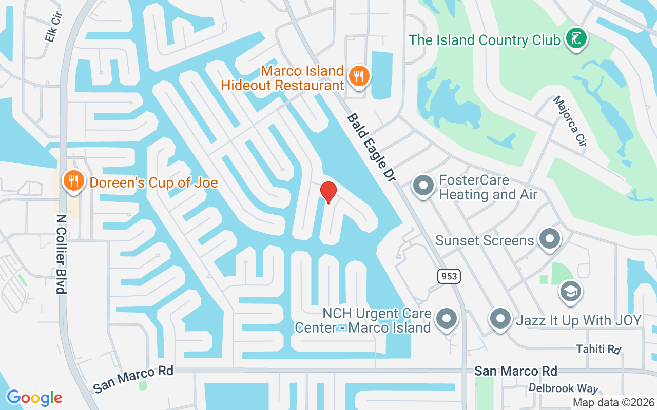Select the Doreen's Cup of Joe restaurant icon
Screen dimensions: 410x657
point(74,181)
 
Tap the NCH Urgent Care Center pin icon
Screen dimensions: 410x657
point(446,319)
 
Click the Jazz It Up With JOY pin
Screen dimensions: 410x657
point(500,319)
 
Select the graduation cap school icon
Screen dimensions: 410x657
point(570,292)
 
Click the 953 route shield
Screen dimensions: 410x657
point(450,276)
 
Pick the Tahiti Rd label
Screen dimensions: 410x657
point(598,349)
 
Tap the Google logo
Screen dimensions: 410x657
point(34,397)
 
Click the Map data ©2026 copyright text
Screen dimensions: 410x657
point(613,402)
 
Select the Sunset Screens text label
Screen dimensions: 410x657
point(485,240)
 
